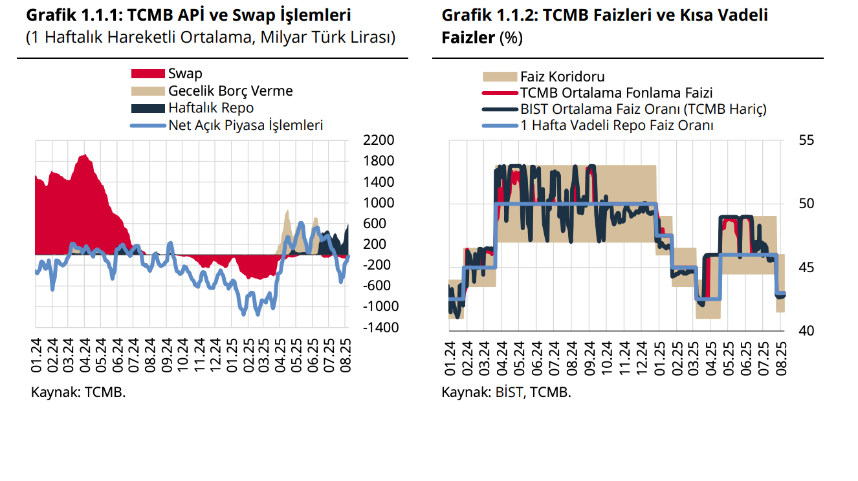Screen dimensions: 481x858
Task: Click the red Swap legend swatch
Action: (148, 74)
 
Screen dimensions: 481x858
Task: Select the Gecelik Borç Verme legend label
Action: (230, 91)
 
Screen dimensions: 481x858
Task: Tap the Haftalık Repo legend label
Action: (211, 108)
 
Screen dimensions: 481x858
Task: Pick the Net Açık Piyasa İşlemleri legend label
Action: (245, 125)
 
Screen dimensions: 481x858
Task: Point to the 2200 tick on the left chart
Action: (379, 140)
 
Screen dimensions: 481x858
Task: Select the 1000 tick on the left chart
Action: (379, 202)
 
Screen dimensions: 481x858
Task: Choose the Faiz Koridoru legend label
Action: (562, 77)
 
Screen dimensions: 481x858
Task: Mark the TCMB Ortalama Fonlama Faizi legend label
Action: (616, 93)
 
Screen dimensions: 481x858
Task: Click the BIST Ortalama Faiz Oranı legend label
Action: (643, 109)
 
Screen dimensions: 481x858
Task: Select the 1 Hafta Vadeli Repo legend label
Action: (617, 125)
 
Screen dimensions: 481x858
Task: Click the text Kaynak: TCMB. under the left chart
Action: (78, 392)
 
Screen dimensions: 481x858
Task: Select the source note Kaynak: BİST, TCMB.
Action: (506, 392)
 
